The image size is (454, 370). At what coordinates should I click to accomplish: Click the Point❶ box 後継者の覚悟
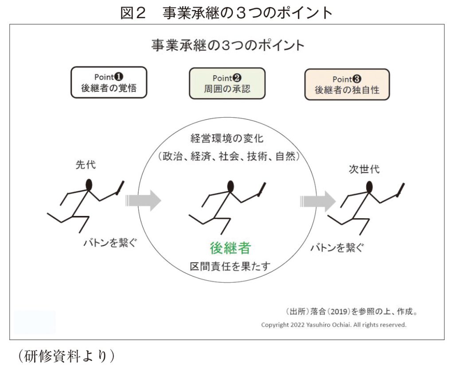(x=109, y=82)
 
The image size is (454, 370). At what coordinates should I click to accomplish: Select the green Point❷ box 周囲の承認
(x=227, y=84)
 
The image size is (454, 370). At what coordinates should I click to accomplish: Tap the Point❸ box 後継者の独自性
(x=347, y=85)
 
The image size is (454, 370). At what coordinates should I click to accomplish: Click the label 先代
(x=86, y=165)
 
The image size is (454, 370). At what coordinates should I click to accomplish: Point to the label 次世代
(x=364, y=169)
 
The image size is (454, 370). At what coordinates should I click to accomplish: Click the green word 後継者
(x=230, y=248)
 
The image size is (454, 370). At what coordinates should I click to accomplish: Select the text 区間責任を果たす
(x=230, y=266)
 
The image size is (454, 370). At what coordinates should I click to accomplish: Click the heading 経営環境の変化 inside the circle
(x=227, y=139)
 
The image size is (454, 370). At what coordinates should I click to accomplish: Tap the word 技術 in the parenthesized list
(x=257, y=156)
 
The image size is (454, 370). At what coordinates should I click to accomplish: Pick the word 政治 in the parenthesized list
(x=172, y=156)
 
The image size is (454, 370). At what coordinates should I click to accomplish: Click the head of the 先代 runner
(x=89, y=185)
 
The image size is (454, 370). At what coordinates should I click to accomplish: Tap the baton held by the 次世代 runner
(x=400, y=190)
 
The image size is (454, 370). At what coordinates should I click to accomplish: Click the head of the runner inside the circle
(x=231, y=186)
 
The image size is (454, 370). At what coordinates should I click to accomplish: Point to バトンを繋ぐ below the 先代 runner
(x=110, y=242)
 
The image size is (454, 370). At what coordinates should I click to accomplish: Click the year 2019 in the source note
(x=339, y=312)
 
